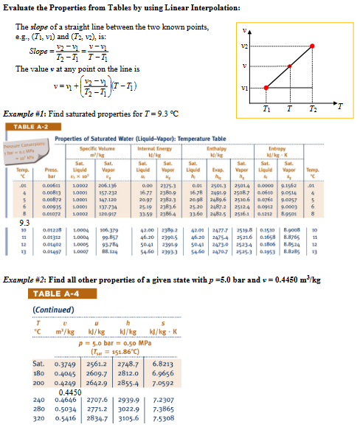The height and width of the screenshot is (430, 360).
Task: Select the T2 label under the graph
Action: click(314, 109)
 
